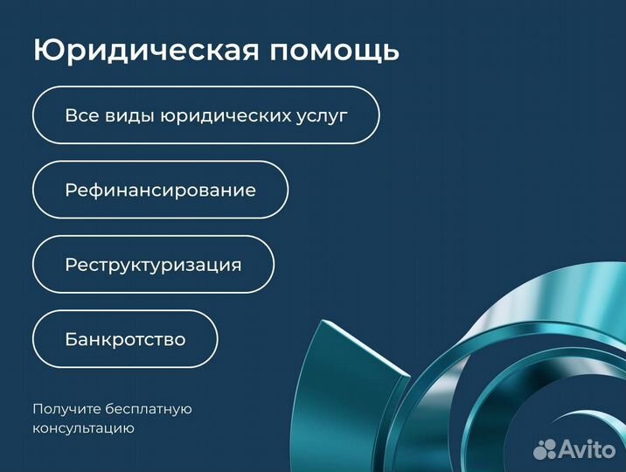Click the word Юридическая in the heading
[x=146, y=50]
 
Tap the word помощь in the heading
[x=334, y=50]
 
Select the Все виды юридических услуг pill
[x=205, y=115]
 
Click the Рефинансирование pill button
[x=160, y=190]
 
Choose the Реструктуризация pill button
[x=153, y=264]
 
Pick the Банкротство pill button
[x=125, y=339]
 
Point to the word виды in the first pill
[x=126, y=115]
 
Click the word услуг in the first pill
[x=321, y=115]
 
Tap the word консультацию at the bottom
[x=83, y=428]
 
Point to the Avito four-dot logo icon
[x=545, y=448]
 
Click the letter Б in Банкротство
[x=71, y=339]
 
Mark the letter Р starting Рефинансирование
[x=70, y=190]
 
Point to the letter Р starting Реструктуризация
[x=70, y=265]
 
